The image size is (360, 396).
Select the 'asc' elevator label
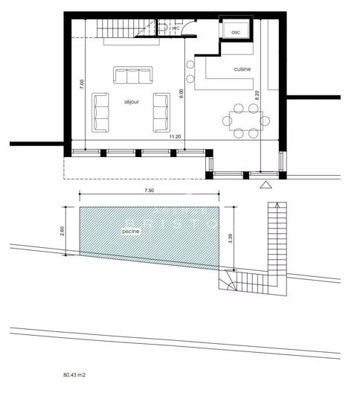pos(236,33)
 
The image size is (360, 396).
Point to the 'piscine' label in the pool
pos(132,231)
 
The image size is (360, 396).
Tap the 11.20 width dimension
pos(176,137)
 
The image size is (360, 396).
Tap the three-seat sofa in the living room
pos(132,76)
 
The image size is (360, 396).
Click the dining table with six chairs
pos(242,121)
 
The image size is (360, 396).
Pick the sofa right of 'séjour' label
pos(159,112)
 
